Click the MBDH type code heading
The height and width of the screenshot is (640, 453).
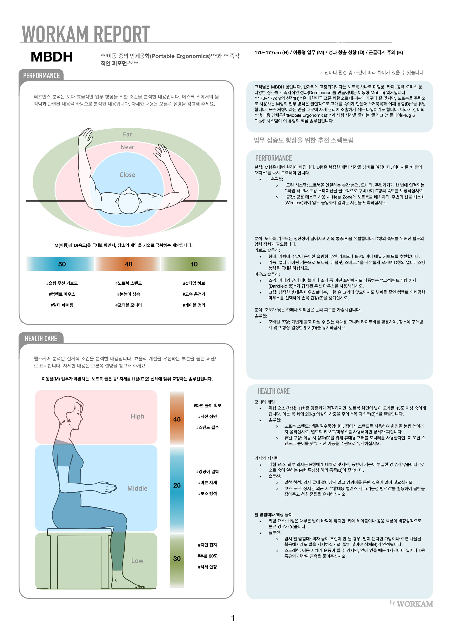click(x=52, y=57)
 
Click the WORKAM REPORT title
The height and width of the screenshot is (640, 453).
click(x=86, y=34)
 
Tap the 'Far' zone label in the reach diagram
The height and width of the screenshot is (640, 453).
click(x=127, y=134)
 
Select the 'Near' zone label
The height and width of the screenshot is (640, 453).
click(x=127, y=147)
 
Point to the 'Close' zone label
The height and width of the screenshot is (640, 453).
click(x=127, y=175)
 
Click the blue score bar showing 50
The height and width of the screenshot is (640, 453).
click(x=61, y=264)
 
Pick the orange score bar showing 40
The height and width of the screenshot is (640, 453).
click(x=128, y=264)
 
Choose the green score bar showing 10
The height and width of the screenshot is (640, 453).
click(x=193, y=264)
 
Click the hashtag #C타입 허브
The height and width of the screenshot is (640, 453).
click(x=194, y=283)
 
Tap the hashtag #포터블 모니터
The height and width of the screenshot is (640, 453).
click(x=129, y=305)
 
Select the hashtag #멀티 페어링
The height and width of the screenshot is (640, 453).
click(x=62, y=305)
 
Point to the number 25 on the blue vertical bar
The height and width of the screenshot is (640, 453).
click(x=177, y=485)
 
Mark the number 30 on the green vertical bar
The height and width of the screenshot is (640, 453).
click(x=177, y=559)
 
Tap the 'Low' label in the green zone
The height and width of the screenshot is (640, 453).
click(x=137, y=561)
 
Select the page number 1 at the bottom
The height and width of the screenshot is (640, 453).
click(x=233, y=618)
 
